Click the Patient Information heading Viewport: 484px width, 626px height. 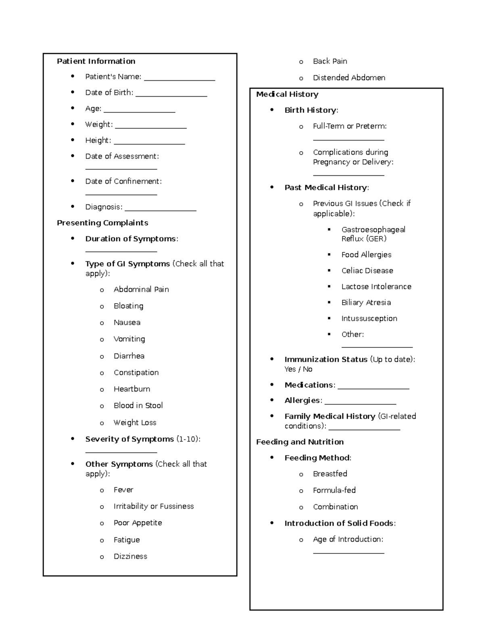(96, 61)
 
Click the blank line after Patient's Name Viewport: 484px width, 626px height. (179, 79)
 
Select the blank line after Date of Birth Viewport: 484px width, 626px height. (171, 96)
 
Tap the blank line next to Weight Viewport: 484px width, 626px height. (151, 127)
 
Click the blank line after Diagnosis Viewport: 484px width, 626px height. (161, 210)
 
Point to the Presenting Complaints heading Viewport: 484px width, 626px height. (102, 223)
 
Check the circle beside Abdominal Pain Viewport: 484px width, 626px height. (102, 290)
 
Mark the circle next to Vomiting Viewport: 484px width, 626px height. (102, 340)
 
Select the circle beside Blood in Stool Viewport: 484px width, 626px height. (102, 406)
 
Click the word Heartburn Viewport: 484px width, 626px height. (132, 389)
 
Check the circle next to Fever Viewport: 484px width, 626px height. (102, 491)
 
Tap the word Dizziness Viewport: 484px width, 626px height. (130, 556)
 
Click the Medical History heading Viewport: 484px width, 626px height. (287, 94)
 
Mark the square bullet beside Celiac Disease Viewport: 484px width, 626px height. (330, 270)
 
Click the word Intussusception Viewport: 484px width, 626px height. (369, 318)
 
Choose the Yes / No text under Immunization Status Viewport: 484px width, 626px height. (298, 369)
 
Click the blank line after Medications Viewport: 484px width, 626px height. (373, 388)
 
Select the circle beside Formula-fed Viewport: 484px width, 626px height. (301, 491)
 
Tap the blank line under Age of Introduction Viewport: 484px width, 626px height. (348, 553)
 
